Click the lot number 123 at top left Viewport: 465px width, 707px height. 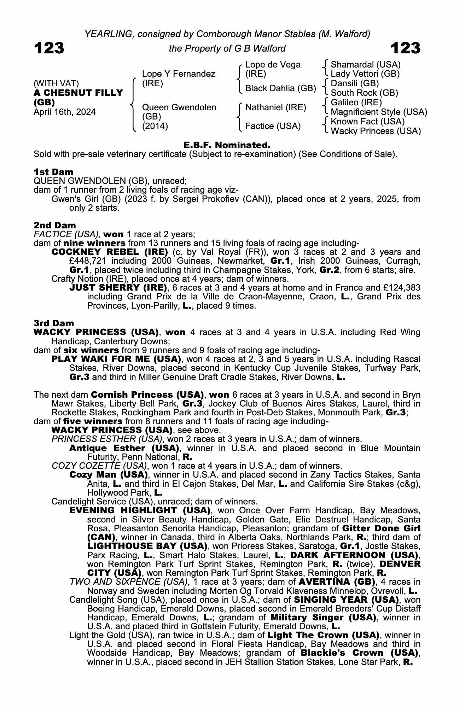(x=49, y=48)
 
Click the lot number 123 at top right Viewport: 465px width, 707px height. (x=406, y=48)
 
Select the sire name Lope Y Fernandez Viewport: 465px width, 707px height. (x=178, y=74)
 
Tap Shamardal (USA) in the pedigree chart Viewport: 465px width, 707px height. (x=365, y=65)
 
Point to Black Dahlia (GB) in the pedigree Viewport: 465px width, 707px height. (x=280, y=88)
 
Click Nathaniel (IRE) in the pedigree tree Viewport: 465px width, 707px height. (x=275, y=107)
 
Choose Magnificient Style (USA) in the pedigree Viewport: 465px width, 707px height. (x=379, y=112)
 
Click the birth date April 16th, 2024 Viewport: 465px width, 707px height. (x=65, y=112)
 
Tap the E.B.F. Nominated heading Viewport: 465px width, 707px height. (x=227, y=145)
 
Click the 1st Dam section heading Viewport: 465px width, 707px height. (x=54, y=172)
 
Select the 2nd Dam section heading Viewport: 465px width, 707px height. (x=55, y=225)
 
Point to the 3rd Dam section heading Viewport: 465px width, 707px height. (x=54, y=323)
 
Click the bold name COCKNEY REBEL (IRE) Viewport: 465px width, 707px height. (x=110, y=252)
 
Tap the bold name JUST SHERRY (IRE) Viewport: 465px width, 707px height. (x=118, y=287)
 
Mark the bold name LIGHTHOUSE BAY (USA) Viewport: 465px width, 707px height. (x=146, y=546)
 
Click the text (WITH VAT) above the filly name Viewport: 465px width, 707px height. (x=56, y=83)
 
